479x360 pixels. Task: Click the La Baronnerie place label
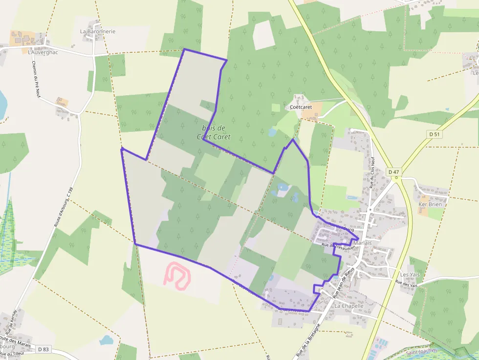click(98, 31)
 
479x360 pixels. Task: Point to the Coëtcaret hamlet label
click(301, 106)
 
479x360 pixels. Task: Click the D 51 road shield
click(434, 134)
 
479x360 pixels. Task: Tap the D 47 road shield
click(393, 172)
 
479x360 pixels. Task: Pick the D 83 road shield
click(43, 349)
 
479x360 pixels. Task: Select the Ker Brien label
click(430, 204)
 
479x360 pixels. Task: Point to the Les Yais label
click(410, 275)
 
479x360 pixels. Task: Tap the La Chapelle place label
click(349, 306)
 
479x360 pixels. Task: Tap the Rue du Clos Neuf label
click(372, 172)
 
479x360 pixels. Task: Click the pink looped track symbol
click(176, 275)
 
